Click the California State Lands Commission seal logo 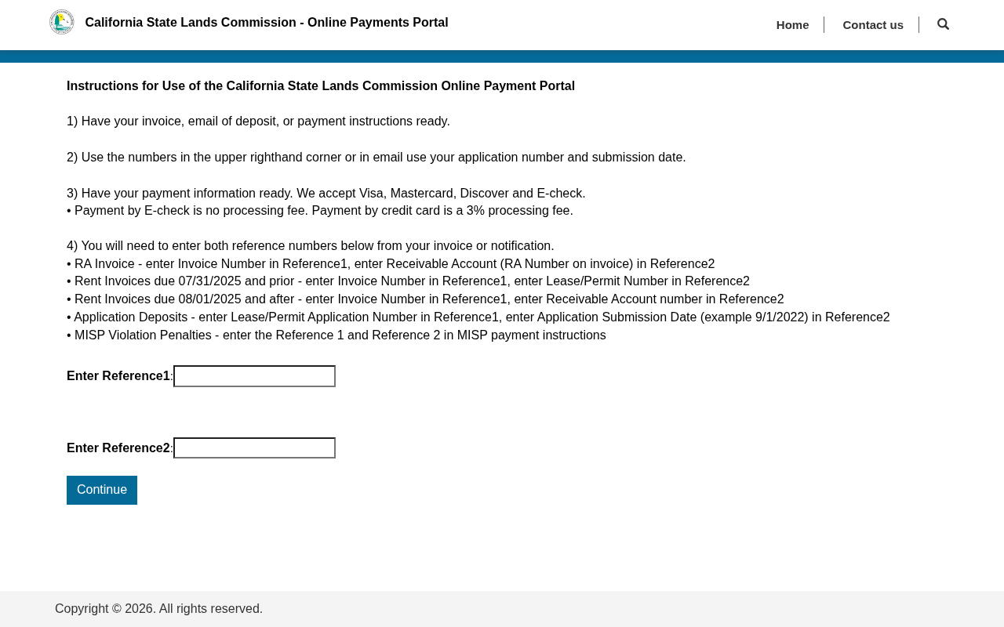tap(62, 22)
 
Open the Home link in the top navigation tap(792, 25)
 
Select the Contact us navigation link tap(873, 25)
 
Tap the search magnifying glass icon tap(943, 24)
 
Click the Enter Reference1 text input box tap(254, 376)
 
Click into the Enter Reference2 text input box tap(254, 448)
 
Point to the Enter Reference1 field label tap(118, 376)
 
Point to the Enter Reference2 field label tap(118, 448)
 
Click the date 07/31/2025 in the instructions tap(209, 281)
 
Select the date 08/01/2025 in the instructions tap(209, 299)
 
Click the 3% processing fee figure tap(475, 211)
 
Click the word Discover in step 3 tap(484, 194)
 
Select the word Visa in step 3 tap(371, 194)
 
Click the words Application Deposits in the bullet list tap(131, 317)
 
